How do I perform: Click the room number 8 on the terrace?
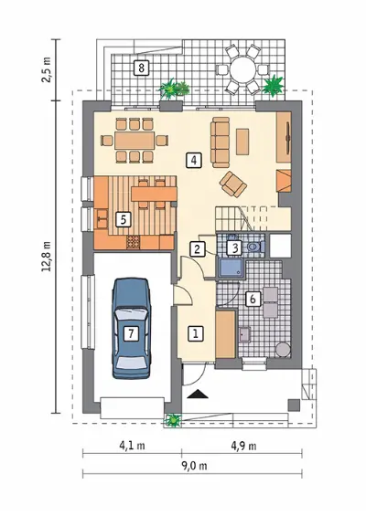pos(142,68)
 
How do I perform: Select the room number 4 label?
pos(194,160)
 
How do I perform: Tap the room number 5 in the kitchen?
pos(124,219)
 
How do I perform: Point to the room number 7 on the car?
pos(131,333)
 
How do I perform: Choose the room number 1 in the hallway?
pos(196,333)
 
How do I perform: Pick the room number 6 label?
pos(253,299)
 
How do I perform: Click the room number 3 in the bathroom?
pos(235,248)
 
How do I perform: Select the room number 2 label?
pos(197,249)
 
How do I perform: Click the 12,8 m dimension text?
pos(47,257)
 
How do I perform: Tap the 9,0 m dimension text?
pos(194,466)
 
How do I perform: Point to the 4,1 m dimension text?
pos(132,446)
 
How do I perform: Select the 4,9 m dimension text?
pos(243,446)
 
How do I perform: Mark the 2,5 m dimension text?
pos(47,69)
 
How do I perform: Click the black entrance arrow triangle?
pos(197,394)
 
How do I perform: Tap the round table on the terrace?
pos(243,69)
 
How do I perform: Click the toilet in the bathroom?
pos(255,247)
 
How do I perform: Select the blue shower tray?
pos(230,268)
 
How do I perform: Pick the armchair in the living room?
pos(233,184)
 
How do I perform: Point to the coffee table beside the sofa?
pos(242,142)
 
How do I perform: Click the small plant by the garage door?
pos(173,420)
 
